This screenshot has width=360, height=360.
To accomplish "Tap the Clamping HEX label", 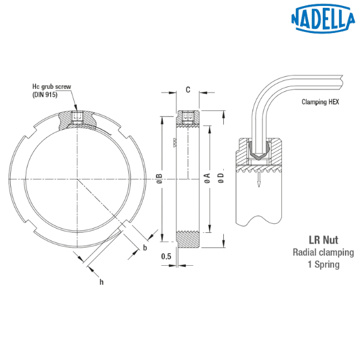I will tap(320, 102).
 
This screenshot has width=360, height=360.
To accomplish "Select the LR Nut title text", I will tap(322, 238).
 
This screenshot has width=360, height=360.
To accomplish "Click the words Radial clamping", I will tap(322, 251).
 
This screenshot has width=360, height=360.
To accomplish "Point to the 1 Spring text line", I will tap(323, 264).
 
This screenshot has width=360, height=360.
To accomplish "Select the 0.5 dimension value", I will tap(167, 257).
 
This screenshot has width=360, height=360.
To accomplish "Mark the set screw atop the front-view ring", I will tap(76, 118).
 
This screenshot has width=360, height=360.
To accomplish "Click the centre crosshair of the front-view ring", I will tap(76, 179).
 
